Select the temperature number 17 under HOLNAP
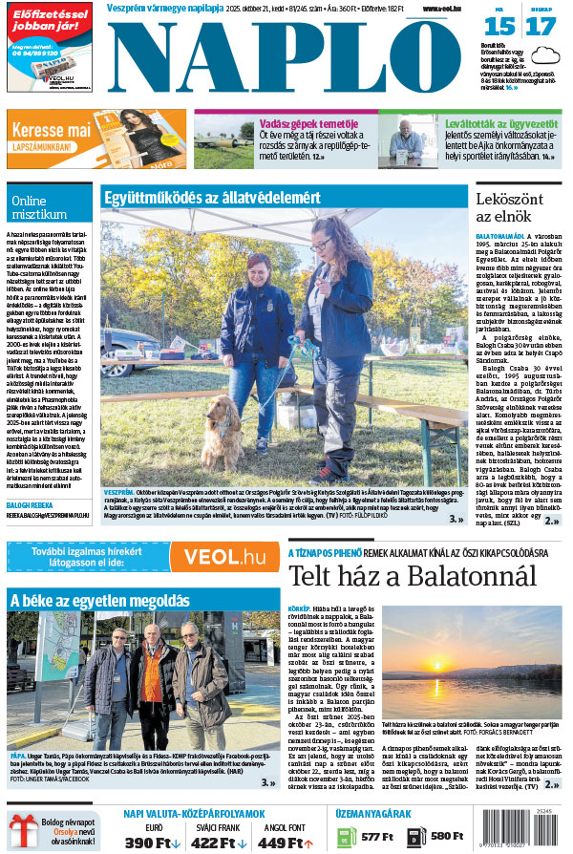(540, 26)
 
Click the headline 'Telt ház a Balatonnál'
(413, 576)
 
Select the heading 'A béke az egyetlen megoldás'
(99, 600)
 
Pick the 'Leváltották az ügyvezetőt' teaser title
(501, 123)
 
